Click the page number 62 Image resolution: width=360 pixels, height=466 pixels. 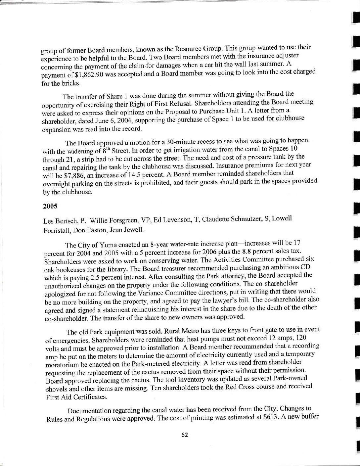click(x=185, y=435)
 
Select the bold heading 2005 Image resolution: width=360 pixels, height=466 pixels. click(x=50, y=206)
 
